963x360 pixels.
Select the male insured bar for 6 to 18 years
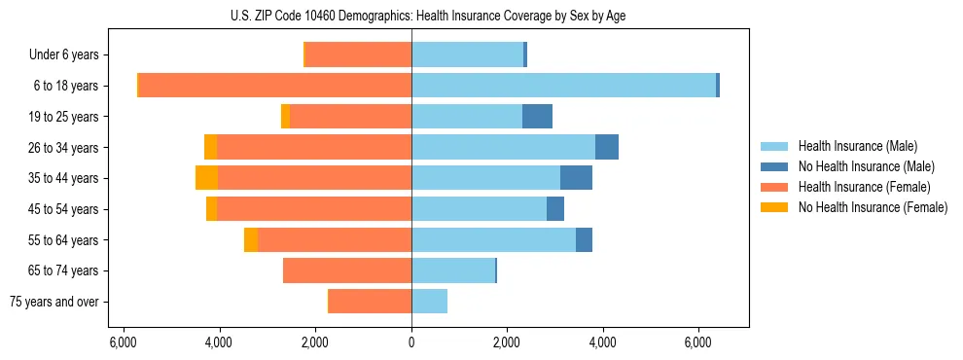563,86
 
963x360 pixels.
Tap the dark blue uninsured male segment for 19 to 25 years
537,117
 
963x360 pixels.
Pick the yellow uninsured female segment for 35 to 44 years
206,178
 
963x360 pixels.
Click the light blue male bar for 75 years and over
429,302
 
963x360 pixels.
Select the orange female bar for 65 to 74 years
347,270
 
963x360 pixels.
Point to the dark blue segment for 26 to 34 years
607,147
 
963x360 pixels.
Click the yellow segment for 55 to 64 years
251,239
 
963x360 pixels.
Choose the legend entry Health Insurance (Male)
857,146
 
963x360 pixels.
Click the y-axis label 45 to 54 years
63,209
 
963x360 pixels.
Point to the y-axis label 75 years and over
54,302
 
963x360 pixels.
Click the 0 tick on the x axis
411,342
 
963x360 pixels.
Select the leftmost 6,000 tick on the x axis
124,342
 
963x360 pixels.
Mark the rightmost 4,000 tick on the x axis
603,342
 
